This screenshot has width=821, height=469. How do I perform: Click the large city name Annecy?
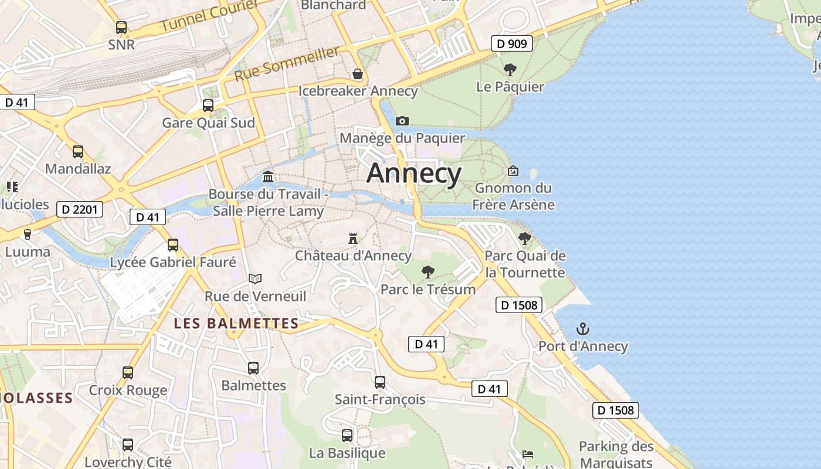coord(414,174)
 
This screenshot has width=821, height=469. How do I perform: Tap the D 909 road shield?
coord(511,43)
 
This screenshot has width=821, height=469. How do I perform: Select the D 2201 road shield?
coord(80,209)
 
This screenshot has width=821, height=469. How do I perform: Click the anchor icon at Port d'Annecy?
coord(583,329)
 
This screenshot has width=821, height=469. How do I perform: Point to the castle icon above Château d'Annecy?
coord(353,239)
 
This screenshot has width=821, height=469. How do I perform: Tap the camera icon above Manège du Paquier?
coord(402,121)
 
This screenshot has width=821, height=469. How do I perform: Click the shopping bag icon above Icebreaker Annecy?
coord(358,74)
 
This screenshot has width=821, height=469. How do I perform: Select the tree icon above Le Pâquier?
coord(510,70)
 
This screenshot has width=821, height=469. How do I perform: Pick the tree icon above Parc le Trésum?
coord(428,272)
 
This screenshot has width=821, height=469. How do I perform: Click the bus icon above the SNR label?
coord(121,28)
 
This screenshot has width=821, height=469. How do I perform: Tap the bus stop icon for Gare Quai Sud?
coord(208,106)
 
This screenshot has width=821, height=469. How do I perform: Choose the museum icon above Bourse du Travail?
coord(268,176)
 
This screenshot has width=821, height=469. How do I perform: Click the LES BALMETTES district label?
coord(236,324)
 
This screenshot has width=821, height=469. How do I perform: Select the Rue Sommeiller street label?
coord(287,64)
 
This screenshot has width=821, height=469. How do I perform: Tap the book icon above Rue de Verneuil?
coord(255,278)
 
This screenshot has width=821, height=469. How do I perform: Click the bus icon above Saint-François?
coord(380,382)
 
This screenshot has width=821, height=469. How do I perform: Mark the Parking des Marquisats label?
coord(616,454)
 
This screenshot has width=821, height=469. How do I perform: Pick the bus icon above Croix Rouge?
coord(128,372)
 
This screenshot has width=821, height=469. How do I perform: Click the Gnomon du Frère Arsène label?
coord(514,196)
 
